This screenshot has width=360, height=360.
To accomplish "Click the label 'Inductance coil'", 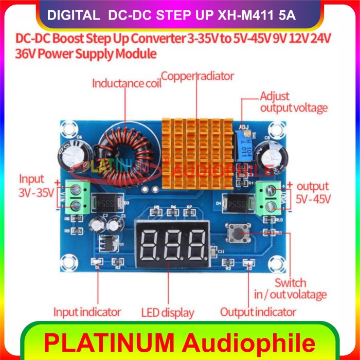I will click(x=127, y=83).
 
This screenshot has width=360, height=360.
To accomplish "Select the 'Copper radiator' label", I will click(x=197, y=76).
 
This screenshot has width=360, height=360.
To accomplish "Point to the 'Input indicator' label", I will click(x=87, y=312).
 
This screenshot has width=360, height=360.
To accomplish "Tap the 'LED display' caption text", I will click(x=168, y=312).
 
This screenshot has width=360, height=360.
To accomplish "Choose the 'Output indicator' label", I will click(x=258, y=312).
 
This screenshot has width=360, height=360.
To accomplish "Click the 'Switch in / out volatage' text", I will click(x=300, y=289).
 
